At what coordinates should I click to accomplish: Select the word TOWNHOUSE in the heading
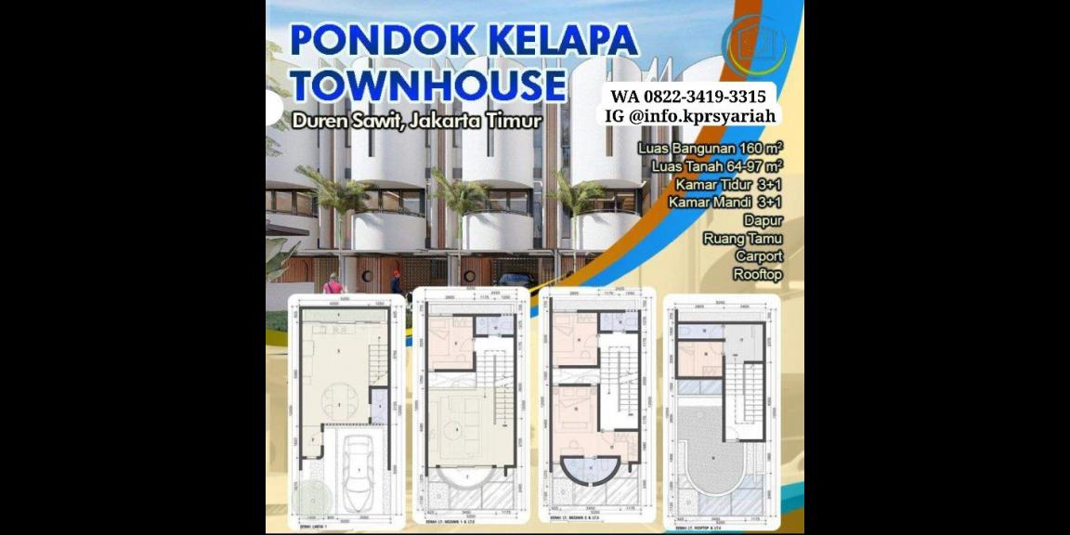(x=428, y=85)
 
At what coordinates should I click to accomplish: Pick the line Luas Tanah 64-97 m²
(x=716, y=166)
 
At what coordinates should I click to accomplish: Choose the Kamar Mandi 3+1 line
(x=724, y=202)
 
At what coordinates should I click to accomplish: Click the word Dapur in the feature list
(x=763, y=220)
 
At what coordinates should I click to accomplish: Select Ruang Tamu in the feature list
(x=742, y=239)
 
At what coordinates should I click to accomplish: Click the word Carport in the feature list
(x=758, y=256)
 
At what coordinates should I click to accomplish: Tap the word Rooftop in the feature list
(x=757, y=274)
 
